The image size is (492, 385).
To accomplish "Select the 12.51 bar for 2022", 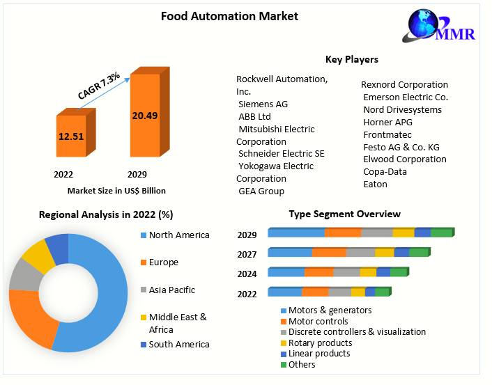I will point(71,136).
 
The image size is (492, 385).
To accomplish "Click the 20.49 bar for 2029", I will point(145,115).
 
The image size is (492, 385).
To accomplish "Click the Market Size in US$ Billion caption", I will point(116,190).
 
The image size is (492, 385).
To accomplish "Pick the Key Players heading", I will point(351,59).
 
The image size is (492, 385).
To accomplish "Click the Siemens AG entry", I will point(263,104).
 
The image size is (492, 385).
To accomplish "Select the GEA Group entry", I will point(261,191).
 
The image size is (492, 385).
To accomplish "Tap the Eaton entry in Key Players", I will point(375,184).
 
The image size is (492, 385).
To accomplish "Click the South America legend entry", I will point(178,344).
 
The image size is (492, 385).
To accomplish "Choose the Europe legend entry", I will point(163,262).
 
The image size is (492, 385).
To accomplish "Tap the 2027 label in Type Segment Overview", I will point(247,255).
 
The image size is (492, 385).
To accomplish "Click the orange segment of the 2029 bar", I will point(342,233).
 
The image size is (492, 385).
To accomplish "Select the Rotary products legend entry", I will point(320,343).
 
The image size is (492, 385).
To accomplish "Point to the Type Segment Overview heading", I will point(345,214).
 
